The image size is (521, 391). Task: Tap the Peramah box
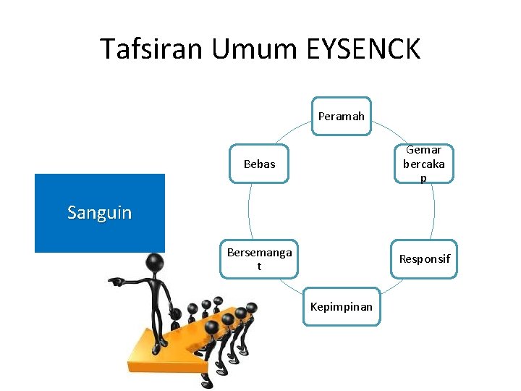(341, 117)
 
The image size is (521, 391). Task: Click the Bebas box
(260, 164)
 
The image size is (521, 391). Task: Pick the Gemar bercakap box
(423, 164)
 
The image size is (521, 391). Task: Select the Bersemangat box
(259, 259)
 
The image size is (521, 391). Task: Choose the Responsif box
(424, 259)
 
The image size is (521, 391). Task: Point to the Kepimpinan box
(341, 306)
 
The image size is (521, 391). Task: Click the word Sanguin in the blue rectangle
(100, 213)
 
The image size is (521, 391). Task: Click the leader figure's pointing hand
(115, 280)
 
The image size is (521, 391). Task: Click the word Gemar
(423, 150)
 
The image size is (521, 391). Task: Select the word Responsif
(424, 259)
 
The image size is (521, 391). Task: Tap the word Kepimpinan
(341, 306)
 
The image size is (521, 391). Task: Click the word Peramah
(341, 117)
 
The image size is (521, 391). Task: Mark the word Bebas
(260, 164)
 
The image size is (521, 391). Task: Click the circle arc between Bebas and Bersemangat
(248, 210)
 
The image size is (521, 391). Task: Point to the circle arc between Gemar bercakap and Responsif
(435, 210)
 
